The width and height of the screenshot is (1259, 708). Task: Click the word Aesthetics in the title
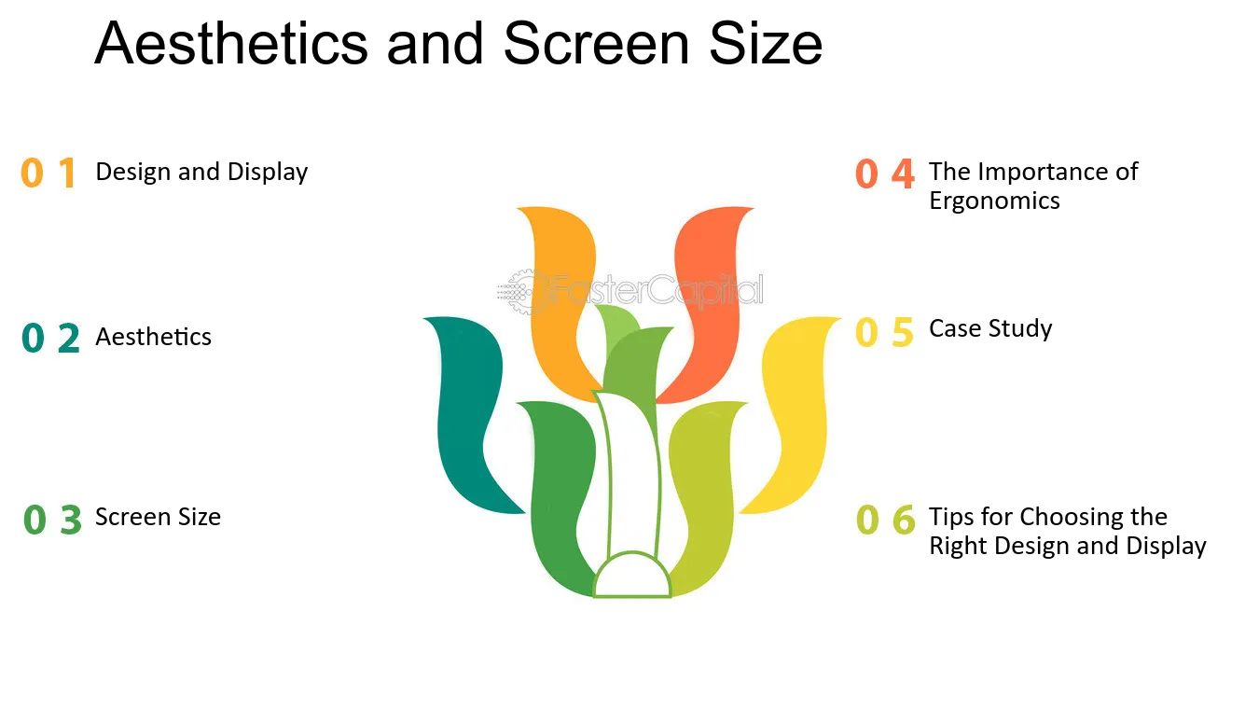[231, 43]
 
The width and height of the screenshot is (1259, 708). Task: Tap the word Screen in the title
[597, 43]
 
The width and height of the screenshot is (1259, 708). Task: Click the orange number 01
[48, 173]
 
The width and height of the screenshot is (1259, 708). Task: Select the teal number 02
[50, 338]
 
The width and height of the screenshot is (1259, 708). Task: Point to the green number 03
[52, 520]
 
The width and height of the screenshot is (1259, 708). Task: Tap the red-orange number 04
[885, 174]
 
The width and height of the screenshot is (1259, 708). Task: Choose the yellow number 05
[884, 332]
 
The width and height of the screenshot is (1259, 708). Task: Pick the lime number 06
[885, 519]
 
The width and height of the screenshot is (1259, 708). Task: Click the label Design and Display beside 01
[201, 172]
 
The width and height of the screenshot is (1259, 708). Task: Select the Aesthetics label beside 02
[154, 337]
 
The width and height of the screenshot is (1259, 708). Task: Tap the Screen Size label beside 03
[158, 517]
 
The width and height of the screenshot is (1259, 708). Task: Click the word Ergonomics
[994, 201]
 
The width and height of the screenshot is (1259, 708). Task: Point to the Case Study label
[990, 329]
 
